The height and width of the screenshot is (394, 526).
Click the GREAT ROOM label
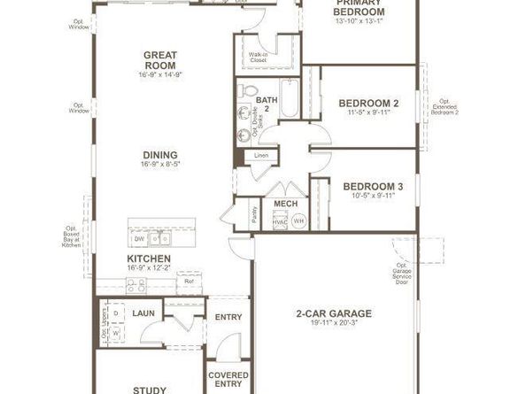click(x=160, y=59)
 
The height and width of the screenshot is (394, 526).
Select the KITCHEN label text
click(x=148, y=259)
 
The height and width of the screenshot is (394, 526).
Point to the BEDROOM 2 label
click(x=369, y=104)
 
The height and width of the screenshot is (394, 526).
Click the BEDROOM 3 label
click(x=373, y=186)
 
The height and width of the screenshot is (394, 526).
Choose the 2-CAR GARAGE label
click(x=332, y=313)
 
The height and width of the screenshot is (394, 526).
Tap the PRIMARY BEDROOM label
click(x=360, y=8)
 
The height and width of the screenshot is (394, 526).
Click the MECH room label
click(x=285, y=204)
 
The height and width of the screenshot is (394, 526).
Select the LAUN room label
click(x=143, y=313)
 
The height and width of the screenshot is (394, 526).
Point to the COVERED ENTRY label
click(x=228, y=378)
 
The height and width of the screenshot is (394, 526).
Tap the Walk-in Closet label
click(x=259, y=58)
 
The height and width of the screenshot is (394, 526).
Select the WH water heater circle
click(x=298, y=220)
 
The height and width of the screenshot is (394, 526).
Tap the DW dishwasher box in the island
click(x=139, y=238)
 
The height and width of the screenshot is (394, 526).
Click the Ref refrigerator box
click(x=189, y=282)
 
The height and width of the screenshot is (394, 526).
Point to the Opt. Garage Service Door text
click(x=402, y=272)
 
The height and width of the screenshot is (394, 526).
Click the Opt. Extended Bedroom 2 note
click(x=445, y=108)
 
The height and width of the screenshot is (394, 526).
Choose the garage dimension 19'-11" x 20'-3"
click(x=332, y=324)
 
